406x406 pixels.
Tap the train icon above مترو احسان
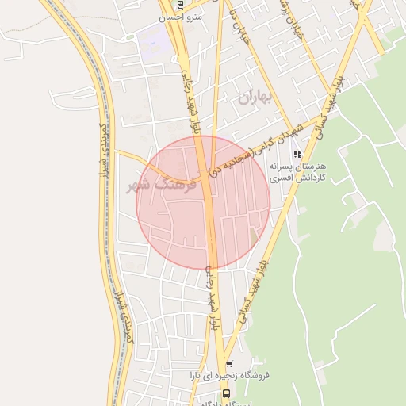tap(181, 4)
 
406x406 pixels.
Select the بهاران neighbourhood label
tap(254, 98)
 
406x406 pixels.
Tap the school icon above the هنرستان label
tap(297, 154)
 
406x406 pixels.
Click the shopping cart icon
tap(230, 365)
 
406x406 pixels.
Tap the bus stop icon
tap(226, 393)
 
